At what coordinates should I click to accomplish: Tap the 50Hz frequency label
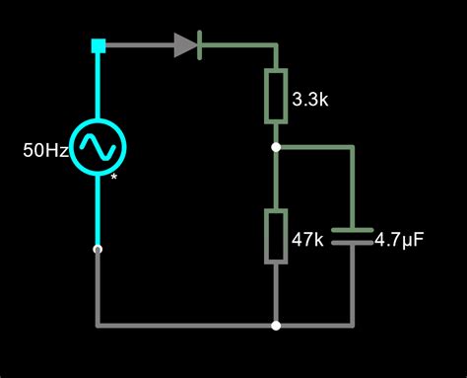45,151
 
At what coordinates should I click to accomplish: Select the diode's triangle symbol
185,44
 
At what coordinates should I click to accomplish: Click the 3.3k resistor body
276,97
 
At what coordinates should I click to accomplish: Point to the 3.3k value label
313,99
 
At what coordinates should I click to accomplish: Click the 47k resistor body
276,237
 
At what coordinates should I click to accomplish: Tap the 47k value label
309,239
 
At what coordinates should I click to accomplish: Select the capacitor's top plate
352,231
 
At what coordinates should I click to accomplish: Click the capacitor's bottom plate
352,243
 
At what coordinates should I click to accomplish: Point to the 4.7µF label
401,239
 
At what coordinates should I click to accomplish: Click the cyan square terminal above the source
98,44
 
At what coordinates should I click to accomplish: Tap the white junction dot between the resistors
276,148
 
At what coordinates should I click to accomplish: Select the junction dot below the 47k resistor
276,325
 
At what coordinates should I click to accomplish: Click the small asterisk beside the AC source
114,178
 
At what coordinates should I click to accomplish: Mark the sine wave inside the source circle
99,147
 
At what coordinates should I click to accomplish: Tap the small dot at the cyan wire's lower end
98,250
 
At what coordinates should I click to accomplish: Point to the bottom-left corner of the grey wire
98,325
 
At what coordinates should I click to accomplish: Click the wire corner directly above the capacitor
352,148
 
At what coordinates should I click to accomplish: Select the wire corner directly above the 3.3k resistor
276,44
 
